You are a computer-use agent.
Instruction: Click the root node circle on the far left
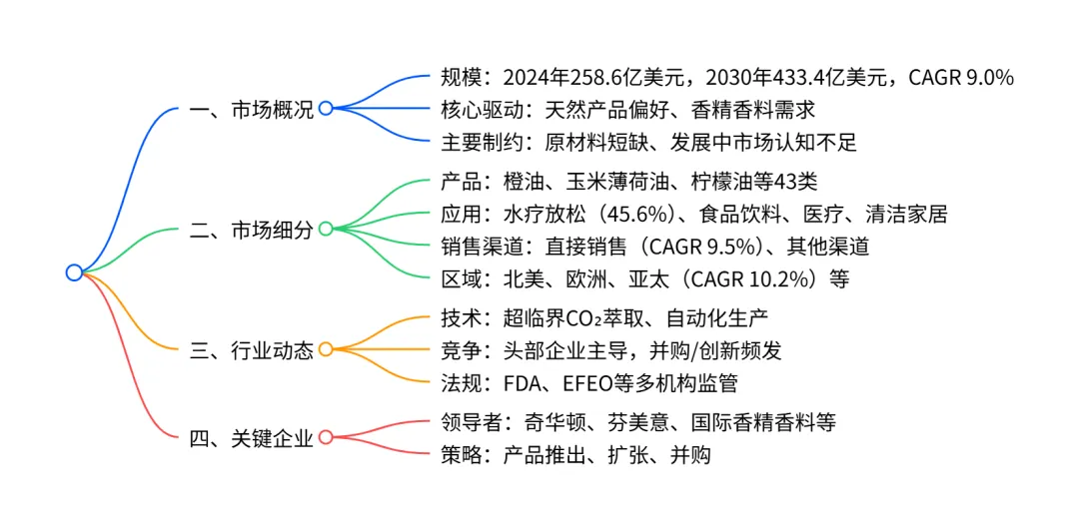click(x=74, y=272)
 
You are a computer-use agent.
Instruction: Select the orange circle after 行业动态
click(x=325, y=350)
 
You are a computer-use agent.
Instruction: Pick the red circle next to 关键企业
click(x=325, y=437)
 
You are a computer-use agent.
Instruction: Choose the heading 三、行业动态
click(x=251, y=350)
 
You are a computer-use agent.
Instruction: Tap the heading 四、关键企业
click(x=251, y=437)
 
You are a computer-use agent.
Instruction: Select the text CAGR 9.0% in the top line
click(x=961, y=77)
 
